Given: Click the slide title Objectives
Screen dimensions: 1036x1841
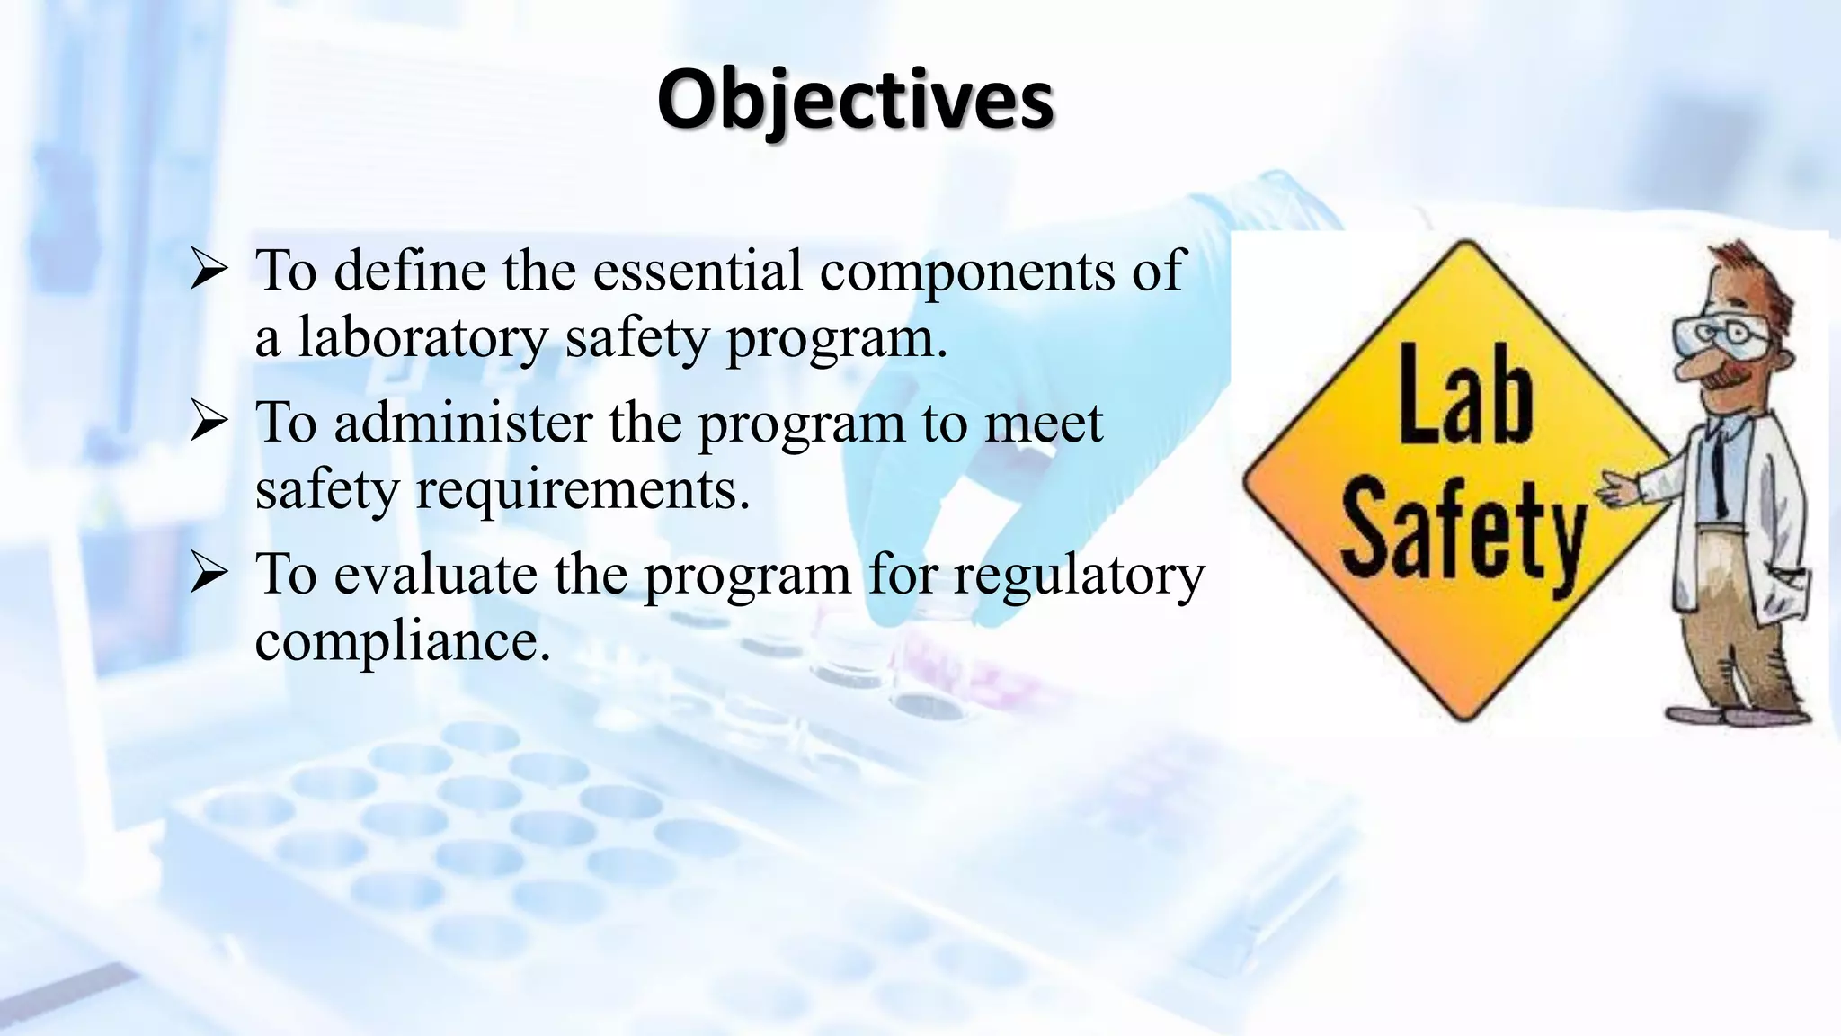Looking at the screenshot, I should (x=855, y=101).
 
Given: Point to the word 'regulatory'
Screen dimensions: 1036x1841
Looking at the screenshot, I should (x=1079, y=576).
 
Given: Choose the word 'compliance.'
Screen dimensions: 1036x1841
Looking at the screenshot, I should (x=402, y=641).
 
